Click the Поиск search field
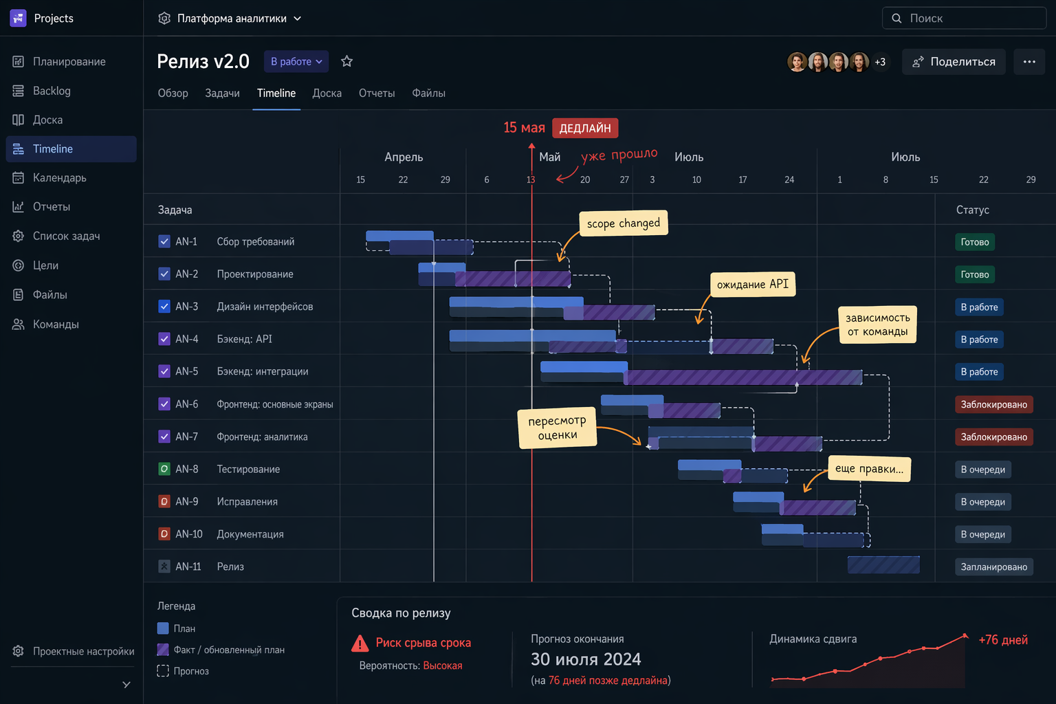tap(964, 19)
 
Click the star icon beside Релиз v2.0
tap(346, 61)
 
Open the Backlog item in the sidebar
tap(52, 91)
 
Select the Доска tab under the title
tap(327, 93)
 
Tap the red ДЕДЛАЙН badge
tap(585, 128)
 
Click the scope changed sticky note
tap(623, 223)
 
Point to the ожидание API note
tap(752, 285)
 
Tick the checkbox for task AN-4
tap(164, 339)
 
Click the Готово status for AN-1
tap(974, 242)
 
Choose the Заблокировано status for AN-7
tap(993, 437)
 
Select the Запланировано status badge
tap(993, 567)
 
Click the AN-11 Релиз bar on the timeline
tap(883, 565)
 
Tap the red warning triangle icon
tap(360, 643)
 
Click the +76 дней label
tap(1003, 640)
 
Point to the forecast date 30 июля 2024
tap(586, 659)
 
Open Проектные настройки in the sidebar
tap(83, 651)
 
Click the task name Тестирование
tap(248, 470)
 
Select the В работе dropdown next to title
tap(296, 62)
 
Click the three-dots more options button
tap(1028, 62)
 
